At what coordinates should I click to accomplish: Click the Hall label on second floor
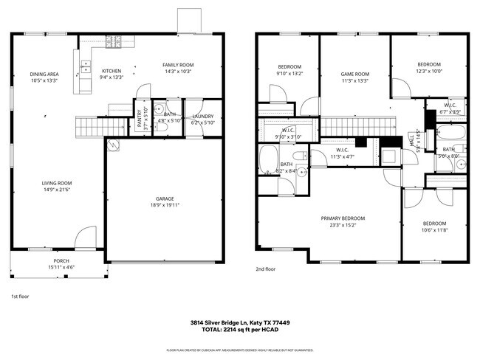coord(411,139)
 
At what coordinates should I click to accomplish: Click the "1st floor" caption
coord(20,297)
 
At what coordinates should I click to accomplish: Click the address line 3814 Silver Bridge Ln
coord(239,323)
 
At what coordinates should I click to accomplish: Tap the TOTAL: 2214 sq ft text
coord(239,331)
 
